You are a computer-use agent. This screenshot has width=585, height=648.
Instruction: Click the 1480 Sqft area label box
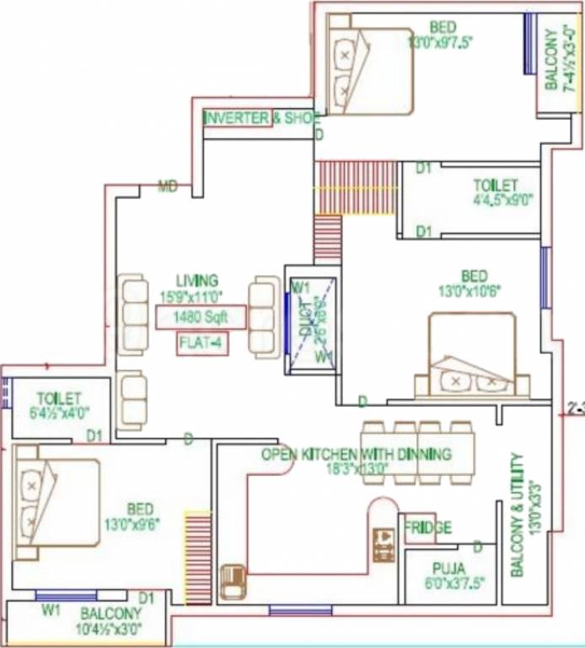(x=201, y=317)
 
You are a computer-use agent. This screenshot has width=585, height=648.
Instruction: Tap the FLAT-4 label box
(x=201, y=344)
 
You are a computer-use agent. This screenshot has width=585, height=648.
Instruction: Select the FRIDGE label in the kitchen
(x=427, y=528)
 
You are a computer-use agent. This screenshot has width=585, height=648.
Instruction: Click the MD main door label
(x=169, y=186)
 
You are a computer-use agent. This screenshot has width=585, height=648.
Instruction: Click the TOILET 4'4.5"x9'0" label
(x=496, y=192)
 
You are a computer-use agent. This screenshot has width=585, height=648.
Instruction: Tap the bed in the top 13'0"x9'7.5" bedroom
(x=368, y=71)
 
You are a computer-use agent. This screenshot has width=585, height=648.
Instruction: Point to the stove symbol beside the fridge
(x=384, y=544)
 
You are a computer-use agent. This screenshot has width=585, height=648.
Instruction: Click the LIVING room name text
(x=197, y=280)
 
